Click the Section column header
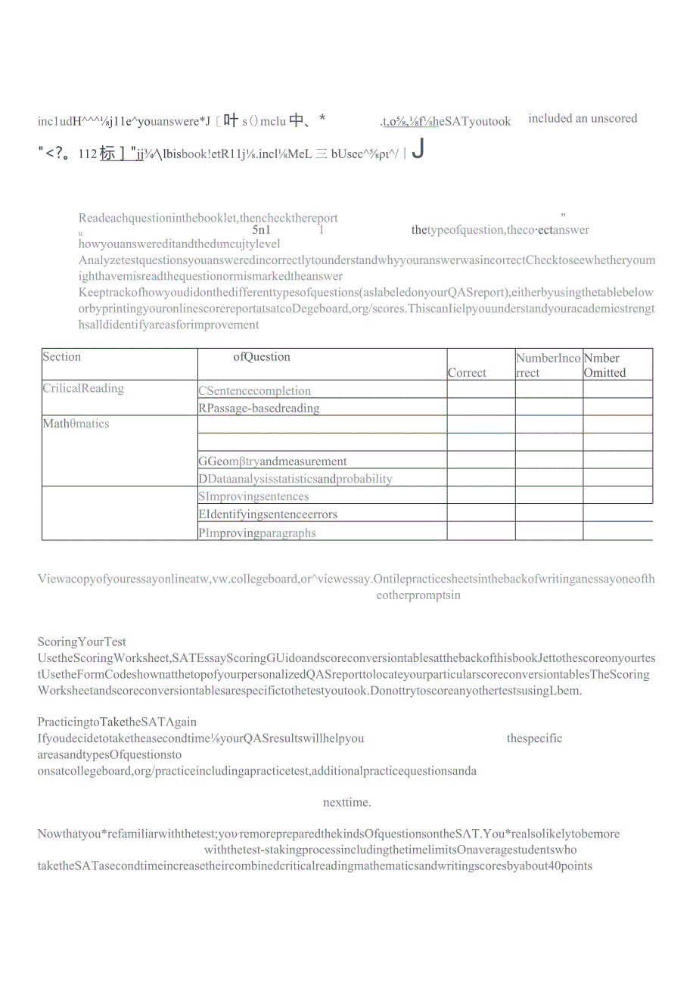62,357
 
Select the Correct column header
467,372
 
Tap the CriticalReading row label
83,389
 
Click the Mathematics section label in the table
76,424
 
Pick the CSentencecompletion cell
255,391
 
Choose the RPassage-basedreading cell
259,409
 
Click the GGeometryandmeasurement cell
272,461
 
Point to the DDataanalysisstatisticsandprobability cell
295,479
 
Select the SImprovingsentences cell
253,497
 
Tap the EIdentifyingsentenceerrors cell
268,514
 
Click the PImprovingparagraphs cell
257,533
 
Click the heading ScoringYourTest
82,642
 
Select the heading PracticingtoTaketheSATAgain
117,722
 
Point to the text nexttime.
346,802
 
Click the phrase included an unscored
583,119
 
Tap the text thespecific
535,738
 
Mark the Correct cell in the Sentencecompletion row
481,390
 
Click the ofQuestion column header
262,357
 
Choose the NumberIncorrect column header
548,365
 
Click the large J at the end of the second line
417,149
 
